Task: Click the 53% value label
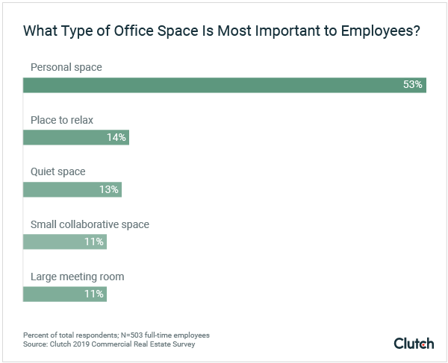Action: [412, 85]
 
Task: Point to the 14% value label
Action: [117, 137]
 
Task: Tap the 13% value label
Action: [109, 189]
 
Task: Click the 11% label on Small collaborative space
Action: [94, 242]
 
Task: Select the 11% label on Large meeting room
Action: [94, 294]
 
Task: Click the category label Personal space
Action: [66, 67]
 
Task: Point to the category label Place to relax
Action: [62, 119]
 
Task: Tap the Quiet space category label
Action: [57, 171]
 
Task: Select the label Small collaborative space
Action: [90, 224]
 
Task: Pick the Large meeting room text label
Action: [77, 277]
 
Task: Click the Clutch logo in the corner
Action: [413, 343]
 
